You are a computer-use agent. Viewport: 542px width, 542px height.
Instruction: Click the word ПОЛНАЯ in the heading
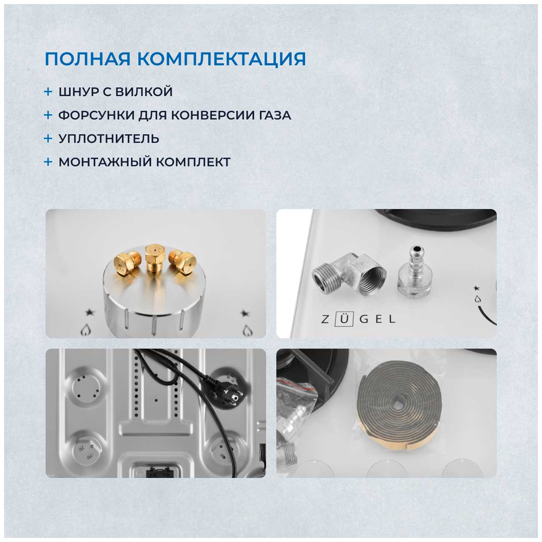[88, 59]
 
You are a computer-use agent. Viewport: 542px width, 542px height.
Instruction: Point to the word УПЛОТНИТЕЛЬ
[109, 139]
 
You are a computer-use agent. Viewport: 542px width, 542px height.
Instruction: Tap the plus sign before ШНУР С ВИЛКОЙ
[48, 92]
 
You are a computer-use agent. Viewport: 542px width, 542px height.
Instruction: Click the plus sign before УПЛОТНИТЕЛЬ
[48, 138]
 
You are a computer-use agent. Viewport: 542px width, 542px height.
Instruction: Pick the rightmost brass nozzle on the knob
[182, 261]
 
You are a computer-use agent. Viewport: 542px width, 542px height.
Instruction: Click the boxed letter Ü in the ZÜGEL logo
[344, 319]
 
